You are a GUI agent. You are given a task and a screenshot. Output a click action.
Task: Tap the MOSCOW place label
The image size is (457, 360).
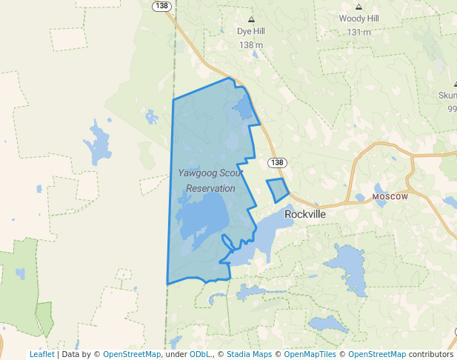(390, 197)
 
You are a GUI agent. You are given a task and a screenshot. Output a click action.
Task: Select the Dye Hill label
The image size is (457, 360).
(251, 33)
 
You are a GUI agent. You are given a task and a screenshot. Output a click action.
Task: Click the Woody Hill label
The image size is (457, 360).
(358, 19)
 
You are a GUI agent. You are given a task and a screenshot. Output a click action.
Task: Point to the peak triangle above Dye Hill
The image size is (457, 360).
(251, 19)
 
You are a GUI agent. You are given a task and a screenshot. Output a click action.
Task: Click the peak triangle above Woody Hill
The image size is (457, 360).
(358, 6)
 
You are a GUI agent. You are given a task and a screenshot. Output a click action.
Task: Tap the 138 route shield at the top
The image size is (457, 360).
(163, 5)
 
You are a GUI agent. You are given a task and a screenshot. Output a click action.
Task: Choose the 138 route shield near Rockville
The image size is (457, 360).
(277, 162)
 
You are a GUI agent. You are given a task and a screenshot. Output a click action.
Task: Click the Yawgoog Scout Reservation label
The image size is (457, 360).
(210, 181)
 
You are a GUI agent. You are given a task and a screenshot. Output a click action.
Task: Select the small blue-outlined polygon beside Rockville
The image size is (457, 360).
(278, 190)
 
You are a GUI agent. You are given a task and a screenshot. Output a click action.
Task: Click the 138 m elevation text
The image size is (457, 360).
(251, 45)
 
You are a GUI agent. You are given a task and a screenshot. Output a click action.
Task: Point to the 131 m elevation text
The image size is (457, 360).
(358, 32)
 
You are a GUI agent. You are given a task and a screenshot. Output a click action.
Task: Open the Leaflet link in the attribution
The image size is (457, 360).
(41, 354)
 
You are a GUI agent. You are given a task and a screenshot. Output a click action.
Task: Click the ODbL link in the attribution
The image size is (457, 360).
(200, 354)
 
